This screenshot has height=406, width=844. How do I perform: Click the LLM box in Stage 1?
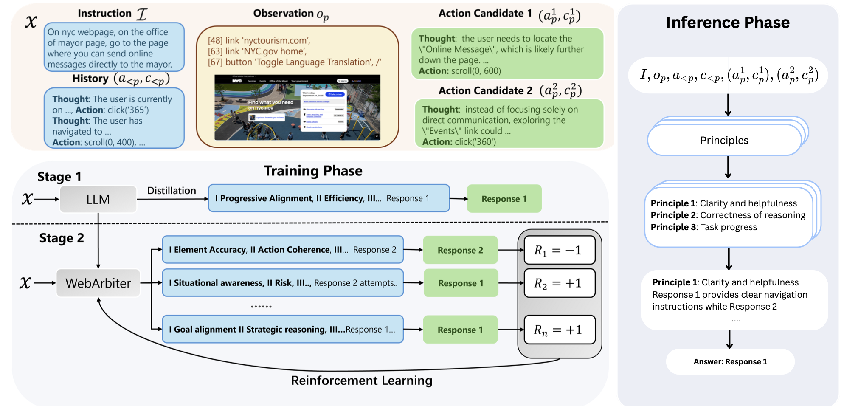click(98, 199)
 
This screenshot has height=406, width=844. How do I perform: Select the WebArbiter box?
click(98, 283)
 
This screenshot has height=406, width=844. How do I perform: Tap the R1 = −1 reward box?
click(559, 250)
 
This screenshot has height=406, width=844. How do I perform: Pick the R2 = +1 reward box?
click(559, 283)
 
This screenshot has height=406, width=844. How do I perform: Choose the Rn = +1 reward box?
click(559, 330)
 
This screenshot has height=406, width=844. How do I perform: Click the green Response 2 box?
click(460, 250)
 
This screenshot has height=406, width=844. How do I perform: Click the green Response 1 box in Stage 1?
click(504, 199)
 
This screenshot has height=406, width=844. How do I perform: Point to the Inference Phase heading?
click(728, 23)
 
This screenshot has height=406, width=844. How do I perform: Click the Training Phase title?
click(313, 171)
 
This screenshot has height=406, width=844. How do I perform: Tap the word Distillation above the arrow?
click(172, 191)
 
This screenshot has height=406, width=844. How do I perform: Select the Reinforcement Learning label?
click(362, 381)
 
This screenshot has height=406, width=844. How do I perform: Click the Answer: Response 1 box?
click(730, 362)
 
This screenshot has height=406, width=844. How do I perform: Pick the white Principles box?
click(724, 141)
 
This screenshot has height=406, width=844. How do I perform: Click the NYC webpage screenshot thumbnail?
click(297, 107)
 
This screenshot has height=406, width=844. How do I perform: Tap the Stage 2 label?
click(62, 238)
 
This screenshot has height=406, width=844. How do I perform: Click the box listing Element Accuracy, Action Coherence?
click(283, 250)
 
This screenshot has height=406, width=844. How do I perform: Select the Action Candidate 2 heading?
click(485, 90)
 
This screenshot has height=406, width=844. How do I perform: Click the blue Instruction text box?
click(114, 48)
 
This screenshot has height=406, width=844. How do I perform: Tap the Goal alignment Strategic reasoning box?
click(283, 330)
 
